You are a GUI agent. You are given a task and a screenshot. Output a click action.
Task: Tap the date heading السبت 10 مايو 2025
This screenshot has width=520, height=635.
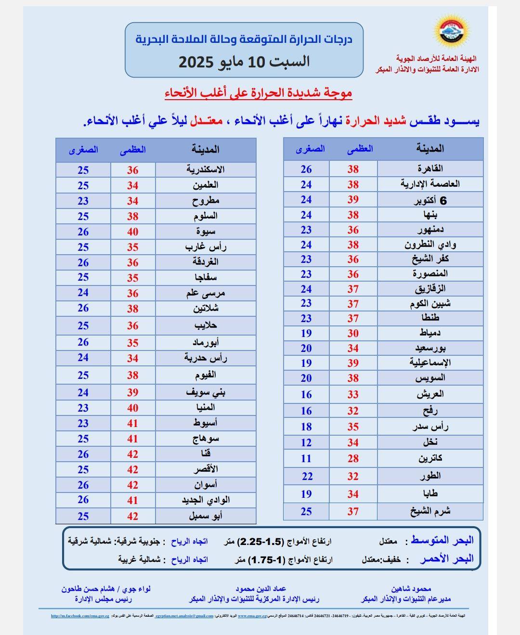[244, 62]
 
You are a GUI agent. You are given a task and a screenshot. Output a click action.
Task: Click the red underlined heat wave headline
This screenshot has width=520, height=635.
[259, 93]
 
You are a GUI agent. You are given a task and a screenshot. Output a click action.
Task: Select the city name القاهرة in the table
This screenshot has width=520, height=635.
[430, 168]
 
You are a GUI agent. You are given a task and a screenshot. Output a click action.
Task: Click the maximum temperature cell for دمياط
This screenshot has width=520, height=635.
[353, 333]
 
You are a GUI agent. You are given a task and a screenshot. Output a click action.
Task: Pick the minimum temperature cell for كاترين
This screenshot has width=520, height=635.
[306, 458]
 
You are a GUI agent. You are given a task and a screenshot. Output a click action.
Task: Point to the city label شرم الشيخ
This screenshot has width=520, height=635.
[430, 511]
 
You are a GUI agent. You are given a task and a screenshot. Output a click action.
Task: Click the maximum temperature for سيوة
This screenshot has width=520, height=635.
[133, 232]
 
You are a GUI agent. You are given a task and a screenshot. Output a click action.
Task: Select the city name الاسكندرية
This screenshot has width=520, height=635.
[206, 169]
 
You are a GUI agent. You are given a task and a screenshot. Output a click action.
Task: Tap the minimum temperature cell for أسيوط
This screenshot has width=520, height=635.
[83, 423]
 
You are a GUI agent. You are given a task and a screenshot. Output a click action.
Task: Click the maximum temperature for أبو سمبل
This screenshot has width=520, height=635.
[133, 516]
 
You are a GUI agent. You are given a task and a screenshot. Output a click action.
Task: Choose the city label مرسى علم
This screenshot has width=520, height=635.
[206, 293]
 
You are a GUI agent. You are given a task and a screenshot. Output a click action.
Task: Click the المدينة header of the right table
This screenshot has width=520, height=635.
[430, 149]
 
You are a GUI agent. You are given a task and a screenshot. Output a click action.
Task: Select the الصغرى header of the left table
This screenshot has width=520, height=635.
[83, 150]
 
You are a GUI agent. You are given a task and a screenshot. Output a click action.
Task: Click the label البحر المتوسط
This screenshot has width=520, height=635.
[442, 541]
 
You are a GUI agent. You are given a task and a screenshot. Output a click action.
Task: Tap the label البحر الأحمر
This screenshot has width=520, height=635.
[446, 559]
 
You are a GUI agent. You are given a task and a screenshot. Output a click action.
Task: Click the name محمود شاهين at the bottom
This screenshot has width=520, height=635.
[411, 589]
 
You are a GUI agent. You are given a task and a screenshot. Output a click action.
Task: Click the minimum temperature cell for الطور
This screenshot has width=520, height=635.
[306, 477]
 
